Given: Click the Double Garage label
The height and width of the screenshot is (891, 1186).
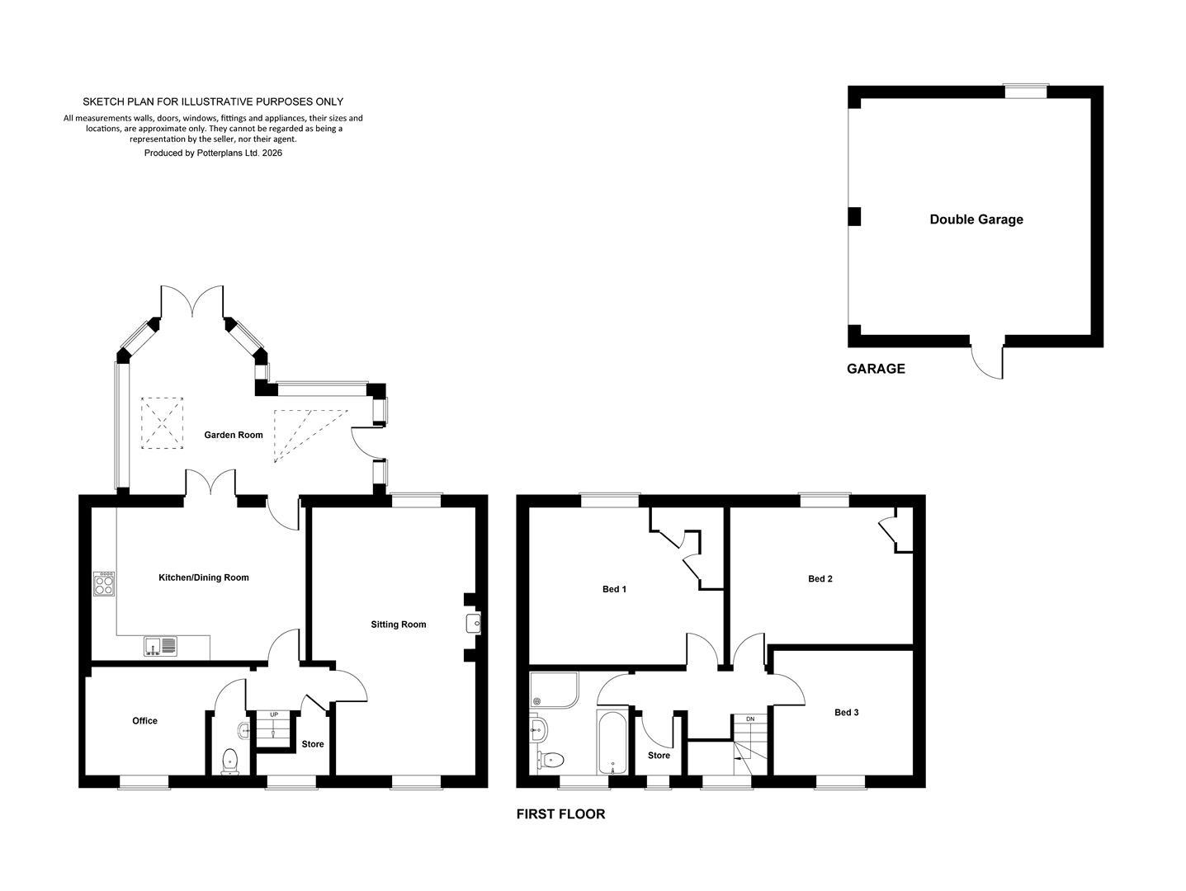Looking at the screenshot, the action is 976,219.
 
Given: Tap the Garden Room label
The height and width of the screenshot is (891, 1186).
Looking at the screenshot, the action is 234,435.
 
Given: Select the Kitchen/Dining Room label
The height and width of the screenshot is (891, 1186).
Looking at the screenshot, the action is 204,577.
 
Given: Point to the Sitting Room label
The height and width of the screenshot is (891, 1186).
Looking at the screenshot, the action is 398,625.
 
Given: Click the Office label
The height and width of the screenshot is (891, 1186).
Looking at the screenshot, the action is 144,720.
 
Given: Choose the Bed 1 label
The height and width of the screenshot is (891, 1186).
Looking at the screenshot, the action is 614,588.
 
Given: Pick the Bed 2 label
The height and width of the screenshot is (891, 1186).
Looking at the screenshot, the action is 820,578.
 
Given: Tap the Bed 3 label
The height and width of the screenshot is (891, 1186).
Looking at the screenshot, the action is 847,712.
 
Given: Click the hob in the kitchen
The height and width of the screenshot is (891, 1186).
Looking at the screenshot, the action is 104,584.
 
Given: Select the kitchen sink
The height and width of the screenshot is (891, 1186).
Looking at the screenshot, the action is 160,646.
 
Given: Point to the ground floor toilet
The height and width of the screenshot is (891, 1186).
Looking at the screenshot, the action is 230,762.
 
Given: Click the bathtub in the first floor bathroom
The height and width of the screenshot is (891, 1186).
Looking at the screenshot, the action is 612,742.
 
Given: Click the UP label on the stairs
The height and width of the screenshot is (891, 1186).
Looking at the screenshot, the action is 274,714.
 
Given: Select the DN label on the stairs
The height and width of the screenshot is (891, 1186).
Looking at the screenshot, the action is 750,719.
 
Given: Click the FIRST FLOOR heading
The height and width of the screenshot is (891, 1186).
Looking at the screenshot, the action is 561,813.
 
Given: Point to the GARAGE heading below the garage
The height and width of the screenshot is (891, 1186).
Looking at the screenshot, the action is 876,368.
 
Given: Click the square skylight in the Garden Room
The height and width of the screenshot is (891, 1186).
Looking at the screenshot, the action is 162,423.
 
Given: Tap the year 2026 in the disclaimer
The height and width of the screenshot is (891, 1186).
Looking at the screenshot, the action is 272,153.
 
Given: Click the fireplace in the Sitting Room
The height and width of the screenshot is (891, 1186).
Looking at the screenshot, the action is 473,624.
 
